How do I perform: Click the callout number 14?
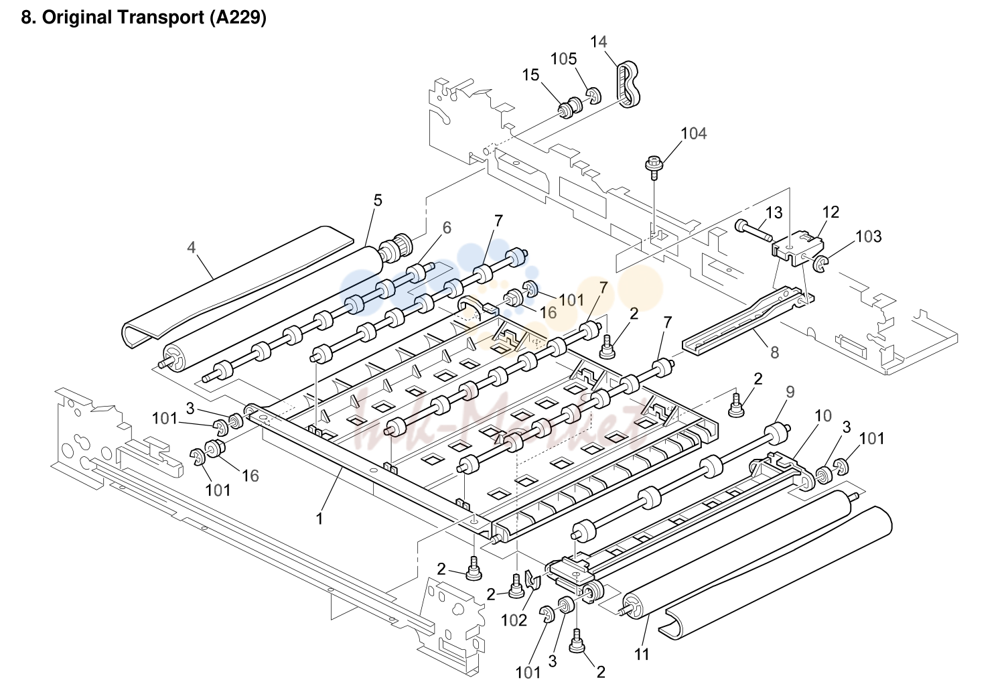tap(598, 42)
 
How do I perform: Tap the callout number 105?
tap(564, 59)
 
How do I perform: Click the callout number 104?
tap(693, 133)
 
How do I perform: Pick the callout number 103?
tap(868, 236)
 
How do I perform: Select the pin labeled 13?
tap(753, 230)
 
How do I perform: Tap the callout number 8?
tap(774, 352)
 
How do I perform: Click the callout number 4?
tap(192, 247)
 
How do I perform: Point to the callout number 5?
tap(378, 200)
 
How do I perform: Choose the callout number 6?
tap(447, 228)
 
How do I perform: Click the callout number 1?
tap(319, 519)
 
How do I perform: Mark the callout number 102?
tap(514, 620)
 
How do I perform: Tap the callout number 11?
tap(642, 655)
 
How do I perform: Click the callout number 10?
tap(823, 416)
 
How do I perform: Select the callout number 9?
tap(790, 392)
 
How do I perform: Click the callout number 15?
tap(530, 75)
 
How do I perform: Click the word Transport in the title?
tap(160, 17)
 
